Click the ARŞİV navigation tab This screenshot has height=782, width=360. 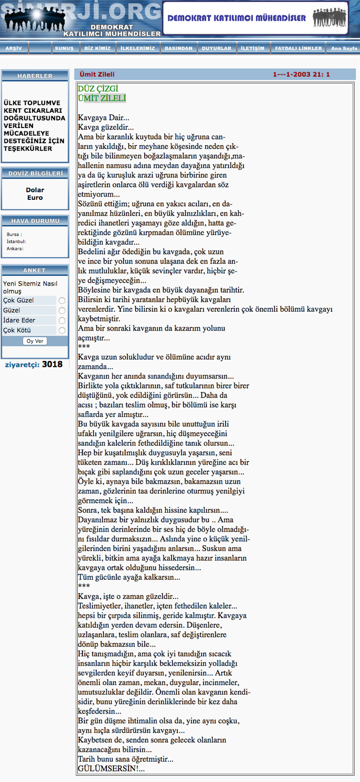pyautogui.click(x=13, y=48)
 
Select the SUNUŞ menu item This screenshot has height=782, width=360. pyautogui.click(x=64, y=48)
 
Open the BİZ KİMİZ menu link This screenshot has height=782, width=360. pyautogui.click(x=97, y=48)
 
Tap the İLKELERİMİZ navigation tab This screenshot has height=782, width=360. pyautogui.click(x=137, y=48)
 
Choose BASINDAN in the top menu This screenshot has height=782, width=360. pyautogui.click(x=178, y=48)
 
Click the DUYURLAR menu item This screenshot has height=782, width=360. pyautogui.click(x=216, y=48)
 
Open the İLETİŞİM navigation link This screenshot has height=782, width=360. pyautogui.click(x=252, y=48)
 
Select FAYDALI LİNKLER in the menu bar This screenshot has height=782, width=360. pyautogui.click(x=298, y=48)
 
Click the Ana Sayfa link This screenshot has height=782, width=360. pyautogui.click(x=344, y=48)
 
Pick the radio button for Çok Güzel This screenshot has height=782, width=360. pyautogui.click(x=62, y=300)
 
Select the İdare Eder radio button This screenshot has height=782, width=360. pyautogui.click(x=62, y=321)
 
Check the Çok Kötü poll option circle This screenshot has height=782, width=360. pyautogui.click(x=62, y=331)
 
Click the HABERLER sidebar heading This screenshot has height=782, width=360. pyautogui.click(x=35, y=76)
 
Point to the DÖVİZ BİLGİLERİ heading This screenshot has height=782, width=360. pyautogui.click(x=35, y=173)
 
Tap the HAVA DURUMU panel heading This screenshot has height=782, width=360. pyautogui.click(x=35, y=221)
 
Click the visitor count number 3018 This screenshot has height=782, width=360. pyautogui.click(x=52, y=364)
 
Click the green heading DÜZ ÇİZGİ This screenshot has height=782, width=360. pyautogui.click(x=98, y=89)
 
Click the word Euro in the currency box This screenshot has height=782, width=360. pyautogui.click(x=35, y=197)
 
